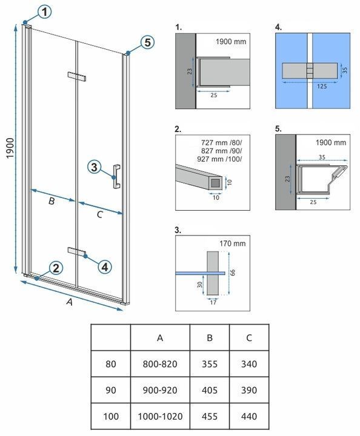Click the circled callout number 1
[44, 12]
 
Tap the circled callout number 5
[147, 42]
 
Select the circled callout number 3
[95, 167]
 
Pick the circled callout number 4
[105, 267]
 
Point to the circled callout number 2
[56, 268]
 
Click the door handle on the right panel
[116, 177]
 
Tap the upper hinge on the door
[77, 76]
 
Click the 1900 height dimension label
[10, 148]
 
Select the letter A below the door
[70, 302]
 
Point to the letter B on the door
[52, 201]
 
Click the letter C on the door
[99, 214]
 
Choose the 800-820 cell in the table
[160, 364]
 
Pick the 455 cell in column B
[210, 416]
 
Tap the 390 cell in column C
[249, 390]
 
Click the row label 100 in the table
[111, 416]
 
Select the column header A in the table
[160, 338]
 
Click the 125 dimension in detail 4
[322, 87]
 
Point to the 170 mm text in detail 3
[233, 243]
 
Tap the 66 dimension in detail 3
[233, 272]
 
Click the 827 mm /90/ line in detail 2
[221, 151]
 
